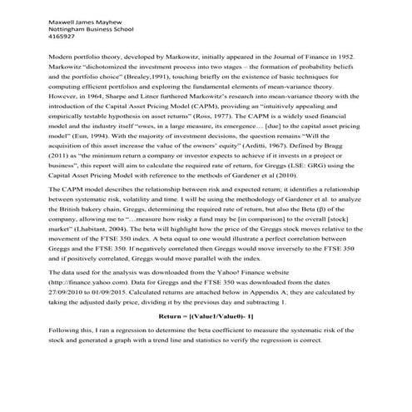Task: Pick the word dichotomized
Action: coord(92,62)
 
